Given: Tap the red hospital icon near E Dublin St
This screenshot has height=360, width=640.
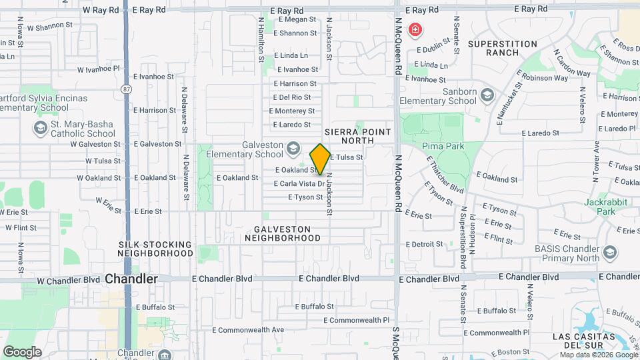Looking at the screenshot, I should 415,30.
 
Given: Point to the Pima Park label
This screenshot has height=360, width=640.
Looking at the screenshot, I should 438,145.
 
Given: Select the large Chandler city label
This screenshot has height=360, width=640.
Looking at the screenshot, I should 131,279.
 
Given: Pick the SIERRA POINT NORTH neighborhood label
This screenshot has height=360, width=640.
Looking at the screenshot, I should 357,137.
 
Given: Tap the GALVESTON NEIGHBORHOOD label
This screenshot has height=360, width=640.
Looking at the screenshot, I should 283,233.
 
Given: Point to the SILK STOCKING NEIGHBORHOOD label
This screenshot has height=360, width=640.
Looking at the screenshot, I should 155,249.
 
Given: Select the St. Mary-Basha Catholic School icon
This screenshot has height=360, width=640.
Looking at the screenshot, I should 41,126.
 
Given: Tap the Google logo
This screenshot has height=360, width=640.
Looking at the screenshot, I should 22,352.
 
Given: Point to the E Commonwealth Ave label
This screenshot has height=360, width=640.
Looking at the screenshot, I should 248,329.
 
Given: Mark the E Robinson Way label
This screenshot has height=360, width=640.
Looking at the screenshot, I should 545,78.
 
